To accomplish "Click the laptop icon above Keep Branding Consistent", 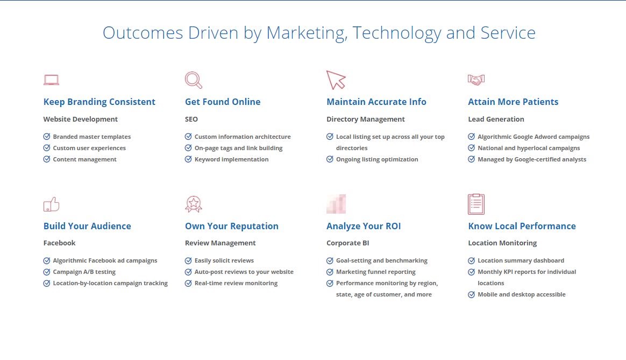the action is [x=52, y=80].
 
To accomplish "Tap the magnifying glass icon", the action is [x=194, y=80].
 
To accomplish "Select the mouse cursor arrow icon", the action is [x=336, y=80].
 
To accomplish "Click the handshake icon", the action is [x=476, y=80].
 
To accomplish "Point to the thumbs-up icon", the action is [x=52, y=204].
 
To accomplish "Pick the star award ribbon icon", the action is [x=194, y=204].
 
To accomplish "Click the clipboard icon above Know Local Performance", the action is [x=476, y=204].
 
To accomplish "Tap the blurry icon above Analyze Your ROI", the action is [x=336, y=204].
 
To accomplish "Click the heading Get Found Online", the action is [x=223, y=102].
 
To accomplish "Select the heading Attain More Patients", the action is [x=513, y=102].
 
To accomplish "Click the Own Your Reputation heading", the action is [x=232, y=226].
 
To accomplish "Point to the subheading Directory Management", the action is [x=366, y=119].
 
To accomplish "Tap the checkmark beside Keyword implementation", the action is [x=188, y=159].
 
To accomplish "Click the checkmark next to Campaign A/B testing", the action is [x=47, y=272].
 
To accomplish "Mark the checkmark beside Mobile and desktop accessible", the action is [x=472, y=294].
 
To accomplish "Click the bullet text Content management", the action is [x=84, y=159].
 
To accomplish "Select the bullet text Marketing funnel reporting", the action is [x=376, y=272].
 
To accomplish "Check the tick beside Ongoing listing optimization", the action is [x=330, y=159].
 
